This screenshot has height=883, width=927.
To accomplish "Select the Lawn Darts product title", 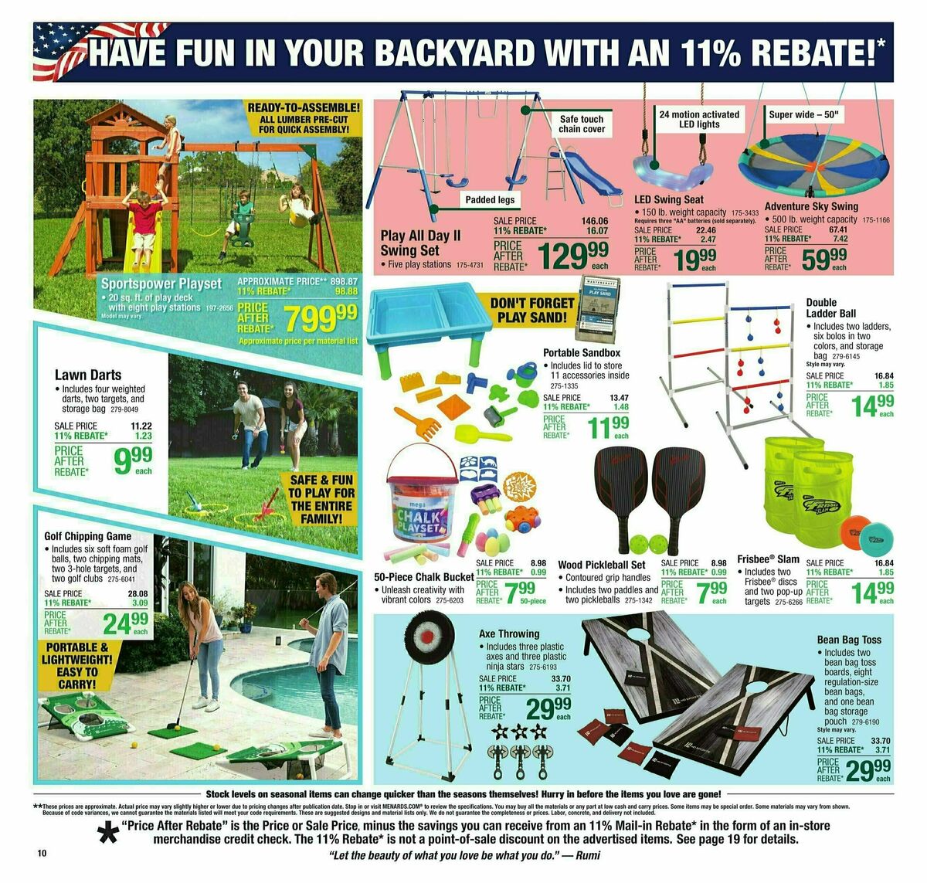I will coord(87,375).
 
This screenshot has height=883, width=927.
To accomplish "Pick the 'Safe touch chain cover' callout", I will coord(581,124).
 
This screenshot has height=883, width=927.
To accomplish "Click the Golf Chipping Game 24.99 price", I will coord(126,623).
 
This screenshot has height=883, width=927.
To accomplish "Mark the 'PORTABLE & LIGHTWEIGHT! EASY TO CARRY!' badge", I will coord(77,665).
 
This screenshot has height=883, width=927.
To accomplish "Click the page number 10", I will coord(42,854).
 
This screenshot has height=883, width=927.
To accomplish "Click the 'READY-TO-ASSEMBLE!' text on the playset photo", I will coord(304,107).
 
